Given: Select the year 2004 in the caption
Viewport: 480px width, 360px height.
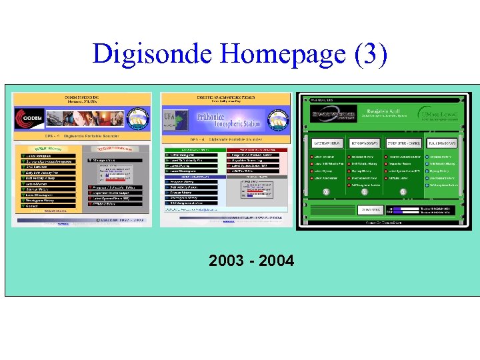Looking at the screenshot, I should click(277, 261).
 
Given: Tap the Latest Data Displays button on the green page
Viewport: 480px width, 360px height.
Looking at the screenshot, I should click(327, 143).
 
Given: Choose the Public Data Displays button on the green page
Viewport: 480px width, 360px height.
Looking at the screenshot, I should click(442, 143).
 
